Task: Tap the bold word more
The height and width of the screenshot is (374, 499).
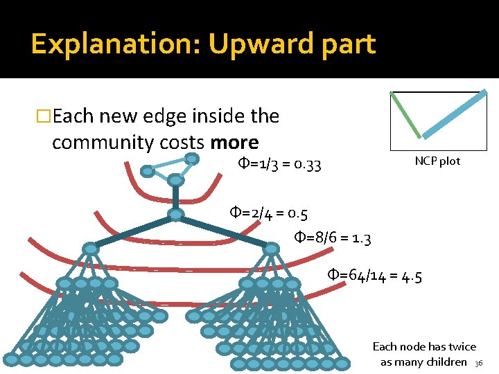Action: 234,143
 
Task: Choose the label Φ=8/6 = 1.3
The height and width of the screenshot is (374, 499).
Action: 333,239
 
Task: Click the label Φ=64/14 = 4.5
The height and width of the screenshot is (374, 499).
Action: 374,278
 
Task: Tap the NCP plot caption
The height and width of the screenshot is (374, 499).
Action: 437,161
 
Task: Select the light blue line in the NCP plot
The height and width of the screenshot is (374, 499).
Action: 455,114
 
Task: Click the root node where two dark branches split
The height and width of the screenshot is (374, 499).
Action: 175,215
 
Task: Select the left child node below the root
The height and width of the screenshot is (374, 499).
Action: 90,248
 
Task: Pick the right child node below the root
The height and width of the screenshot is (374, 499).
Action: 272,248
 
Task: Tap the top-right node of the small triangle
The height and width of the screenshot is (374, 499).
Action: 192,159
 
